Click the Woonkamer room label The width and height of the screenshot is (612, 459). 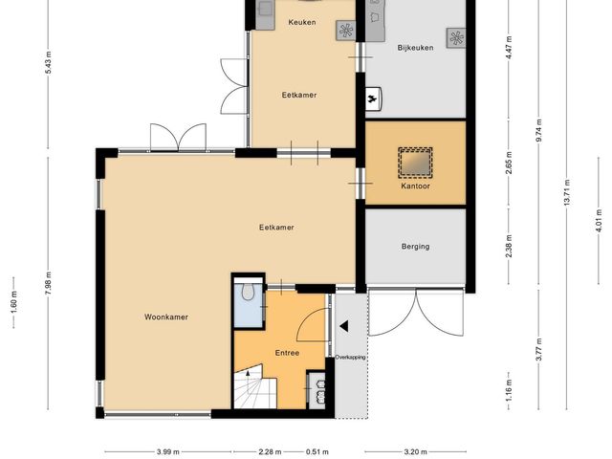coord(166,317)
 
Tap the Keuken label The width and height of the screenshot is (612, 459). coord(302,22)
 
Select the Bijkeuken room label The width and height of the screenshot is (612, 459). coord(415,48)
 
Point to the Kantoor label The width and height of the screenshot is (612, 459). coord(415,186)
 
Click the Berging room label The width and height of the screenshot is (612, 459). coord(415,247)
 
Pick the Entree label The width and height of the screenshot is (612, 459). coord(287,353)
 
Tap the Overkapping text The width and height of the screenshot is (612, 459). coord(351,357)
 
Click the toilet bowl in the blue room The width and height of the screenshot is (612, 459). coord(247,291)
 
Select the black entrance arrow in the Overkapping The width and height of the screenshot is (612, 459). coord(344,326)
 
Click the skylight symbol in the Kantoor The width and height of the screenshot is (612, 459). coord(415,162)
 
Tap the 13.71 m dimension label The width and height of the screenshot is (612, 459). coord(567,192)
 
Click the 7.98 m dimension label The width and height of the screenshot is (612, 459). coord(48,283)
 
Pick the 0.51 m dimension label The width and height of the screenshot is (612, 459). coord(317,452)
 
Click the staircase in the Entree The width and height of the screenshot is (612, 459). coord(255,386)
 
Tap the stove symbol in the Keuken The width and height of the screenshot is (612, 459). coord(346,31)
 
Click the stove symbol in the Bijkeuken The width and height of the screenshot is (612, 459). coord(456,38)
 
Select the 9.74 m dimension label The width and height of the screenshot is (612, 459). coord(538,132)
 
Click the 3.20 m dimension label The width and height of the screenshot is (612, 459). coord(415,452)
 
